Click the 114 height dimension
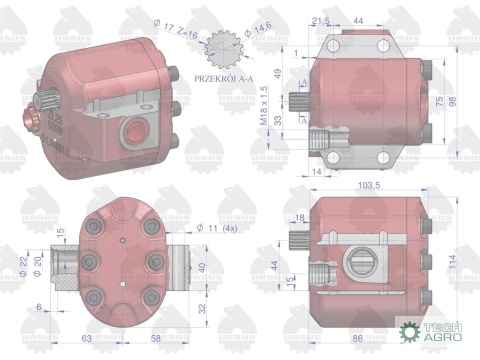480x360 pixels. pos(453,262)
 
